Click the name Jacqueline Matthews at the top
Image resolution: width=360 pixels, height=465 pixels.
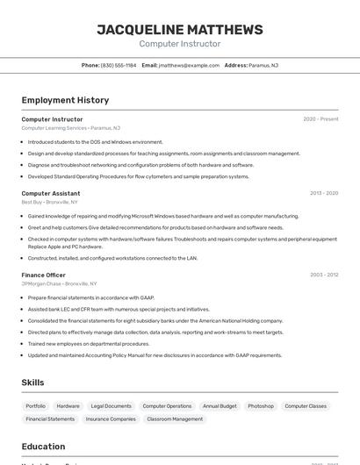180,30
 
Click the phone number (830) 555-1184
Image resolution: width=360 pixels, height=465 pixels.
118,65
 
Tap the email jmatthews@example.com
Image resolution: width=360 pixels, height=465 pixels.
189,65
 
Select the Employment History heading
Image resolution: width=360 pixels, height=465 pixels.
65,100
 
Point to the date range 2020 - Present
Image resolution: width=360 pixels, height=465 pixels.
320,119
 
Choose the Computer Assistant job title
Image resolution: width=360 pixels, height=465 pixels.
51,193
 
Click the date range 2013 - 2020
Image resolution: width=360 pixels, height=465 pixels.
323,193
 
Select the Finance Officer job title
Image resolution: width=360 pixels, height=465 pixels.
44,275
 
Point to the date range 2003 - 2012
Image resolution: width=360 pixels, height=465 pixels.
323,275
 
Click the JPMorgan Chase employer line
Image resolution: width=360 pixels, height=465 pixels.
59,284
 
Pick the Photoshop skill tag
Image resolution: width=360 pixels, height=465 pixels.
261,406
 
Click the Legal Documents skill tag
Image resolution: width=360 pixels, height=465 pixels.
111,406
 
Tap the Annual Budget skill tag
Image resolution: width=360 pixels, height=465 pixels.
220,406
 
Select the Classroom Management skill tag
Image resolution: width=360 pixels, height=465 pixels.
175,419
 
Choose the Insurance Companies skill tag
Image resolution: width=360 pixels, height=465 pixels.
111,419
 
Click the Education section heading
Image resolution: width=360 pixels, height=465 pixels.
43,447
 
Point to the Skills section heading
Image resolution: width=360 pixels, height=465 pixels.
32,383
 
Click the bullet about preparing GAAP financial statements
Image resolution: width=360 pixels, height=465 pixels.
90,297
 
